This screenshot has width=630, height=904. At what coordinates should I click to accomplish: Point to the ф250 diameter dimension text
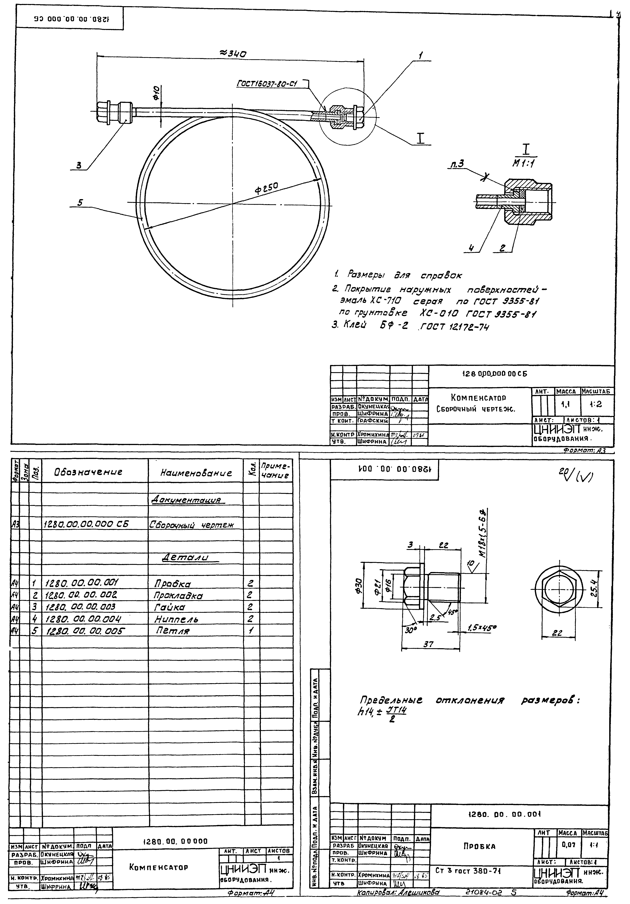click(267, 188)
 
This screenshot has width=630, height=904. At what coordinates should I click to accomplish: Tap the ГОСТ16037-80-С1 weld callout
click(267, 83)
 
